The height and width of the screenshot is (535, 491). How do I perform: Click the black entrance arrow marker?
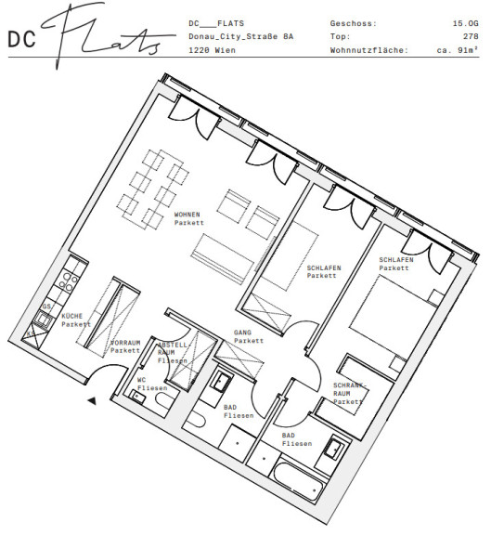pos(92,401)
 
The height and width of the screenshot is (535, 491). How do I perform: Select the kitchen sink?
pos(44,320)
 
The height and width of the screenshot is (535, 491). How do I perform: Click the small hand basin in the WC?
pos(137,397)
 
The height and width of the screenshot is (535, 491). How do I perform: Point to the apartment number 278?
pos(471,36)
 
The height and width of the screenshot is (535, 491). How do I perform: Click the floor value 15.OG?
pos(465,23)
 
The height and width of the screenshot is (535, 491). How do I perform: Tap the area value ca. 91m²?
pos(458,50)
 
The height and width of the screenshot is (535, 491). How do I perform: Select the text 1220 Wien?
pos(212,50)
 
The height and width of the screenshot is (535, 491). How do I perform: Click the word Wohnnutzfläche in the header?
pos(368,50)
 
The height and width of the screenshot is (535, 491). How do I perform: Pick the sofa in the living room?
pos(223,258)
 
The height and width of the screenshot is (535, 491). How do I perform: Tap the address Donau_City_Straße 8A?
pos(240,36)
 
